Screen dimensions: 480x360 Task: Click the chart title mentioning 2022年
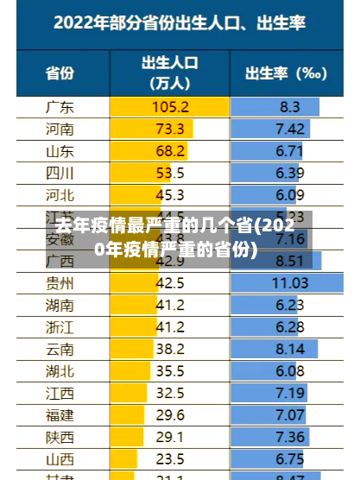[x=180, y=23]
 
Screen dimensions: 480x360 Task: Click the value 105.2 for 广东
[x=170, y=107]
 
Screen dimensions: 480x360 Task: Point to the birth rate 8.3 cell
[x=290, y=107]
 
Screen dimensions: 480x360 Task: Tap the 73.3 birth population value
[x=170, y=129]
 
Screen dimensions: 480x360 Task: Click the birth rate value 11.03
[x=290, y=282]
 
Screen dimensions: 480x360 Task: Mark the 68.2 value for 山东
[x=170, y=151]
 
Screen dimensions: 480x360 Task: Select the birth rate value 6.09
[x=290, y=194]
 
